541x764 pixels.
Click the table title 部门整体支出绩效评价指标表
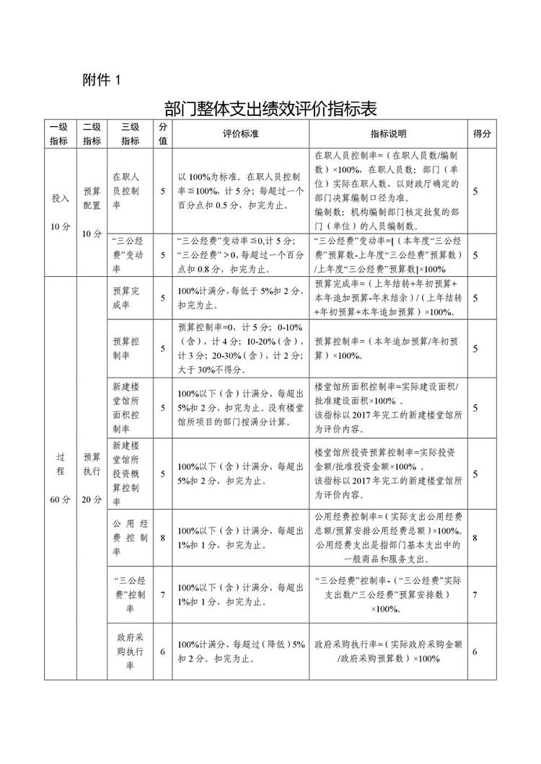coord(270,109)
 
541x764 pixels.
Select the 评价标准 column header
coord(240,134)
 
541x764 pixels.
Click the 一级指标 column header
coord(58,134)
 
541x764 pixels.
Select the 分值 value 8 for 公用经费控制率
coord(163,537)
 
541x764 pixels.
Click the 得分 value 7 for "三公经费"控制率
coord(475,595)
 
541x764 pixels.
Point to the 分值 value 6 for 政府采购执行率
coord(163,652)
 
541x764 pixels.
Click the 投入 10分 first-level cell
coord(60,212)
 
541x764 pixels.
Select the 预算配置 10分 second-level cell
coord(92,212)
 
